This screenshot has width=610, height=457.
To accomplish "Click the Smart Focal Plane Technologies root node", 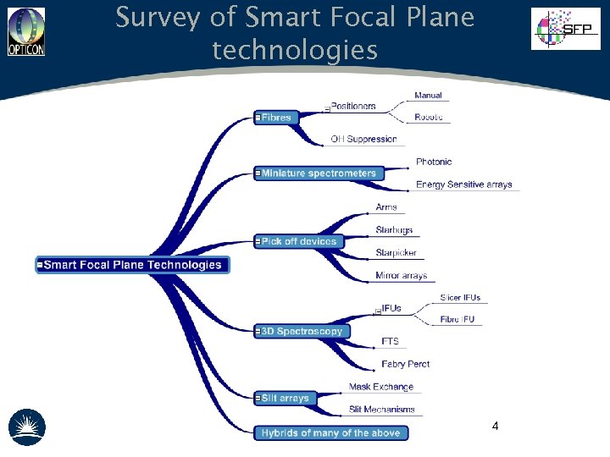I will tap(133, 265).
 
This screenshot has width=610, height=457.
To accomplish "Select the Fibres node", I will tap(276, 118).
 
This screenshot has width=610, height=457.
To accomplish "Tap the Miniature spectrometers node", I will tap(319, 173).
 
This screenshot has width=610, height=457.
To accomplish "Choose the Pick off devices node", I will tap(299, 242).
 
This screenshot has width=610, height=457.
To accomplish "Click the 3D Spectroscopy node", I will tap(302, 331).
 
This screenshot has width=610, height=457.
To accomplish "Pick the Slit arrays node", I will tap(286, 398).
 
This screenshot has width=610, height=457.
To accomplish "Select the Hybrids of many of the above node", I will tap(330, 432).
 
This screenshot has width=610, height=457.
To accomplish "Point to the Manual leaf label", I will tap(428, 95).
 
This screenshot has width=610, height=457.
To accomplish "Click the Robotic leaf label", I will tap(429, 117).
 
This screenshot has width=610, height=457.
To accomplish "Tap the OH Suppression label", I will tap(363, 139).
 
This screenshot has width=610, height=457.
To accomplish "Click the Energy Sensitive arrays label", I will tap(463, 184).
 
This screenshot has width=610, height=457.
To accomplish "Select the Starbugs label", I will tap(394, 230).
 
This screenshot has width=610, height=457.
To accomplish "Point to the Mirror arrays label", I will tap(401, 276).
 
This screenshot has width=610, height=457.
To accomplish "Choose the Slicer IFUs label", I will tap(460, 297).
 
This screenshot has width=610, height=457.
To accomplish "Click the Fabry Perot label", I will tap(405, 364).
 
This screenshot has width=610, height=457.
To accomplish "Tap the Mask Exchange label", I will tap(381, 387).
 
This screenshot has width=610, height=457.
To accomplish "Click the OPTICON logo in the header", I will tap(25, 31).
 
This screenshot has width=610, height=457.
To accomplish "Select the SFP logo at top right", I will tap(565, 28).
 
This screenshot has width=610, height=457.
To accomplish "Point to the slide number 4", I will tap(495, 426).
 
